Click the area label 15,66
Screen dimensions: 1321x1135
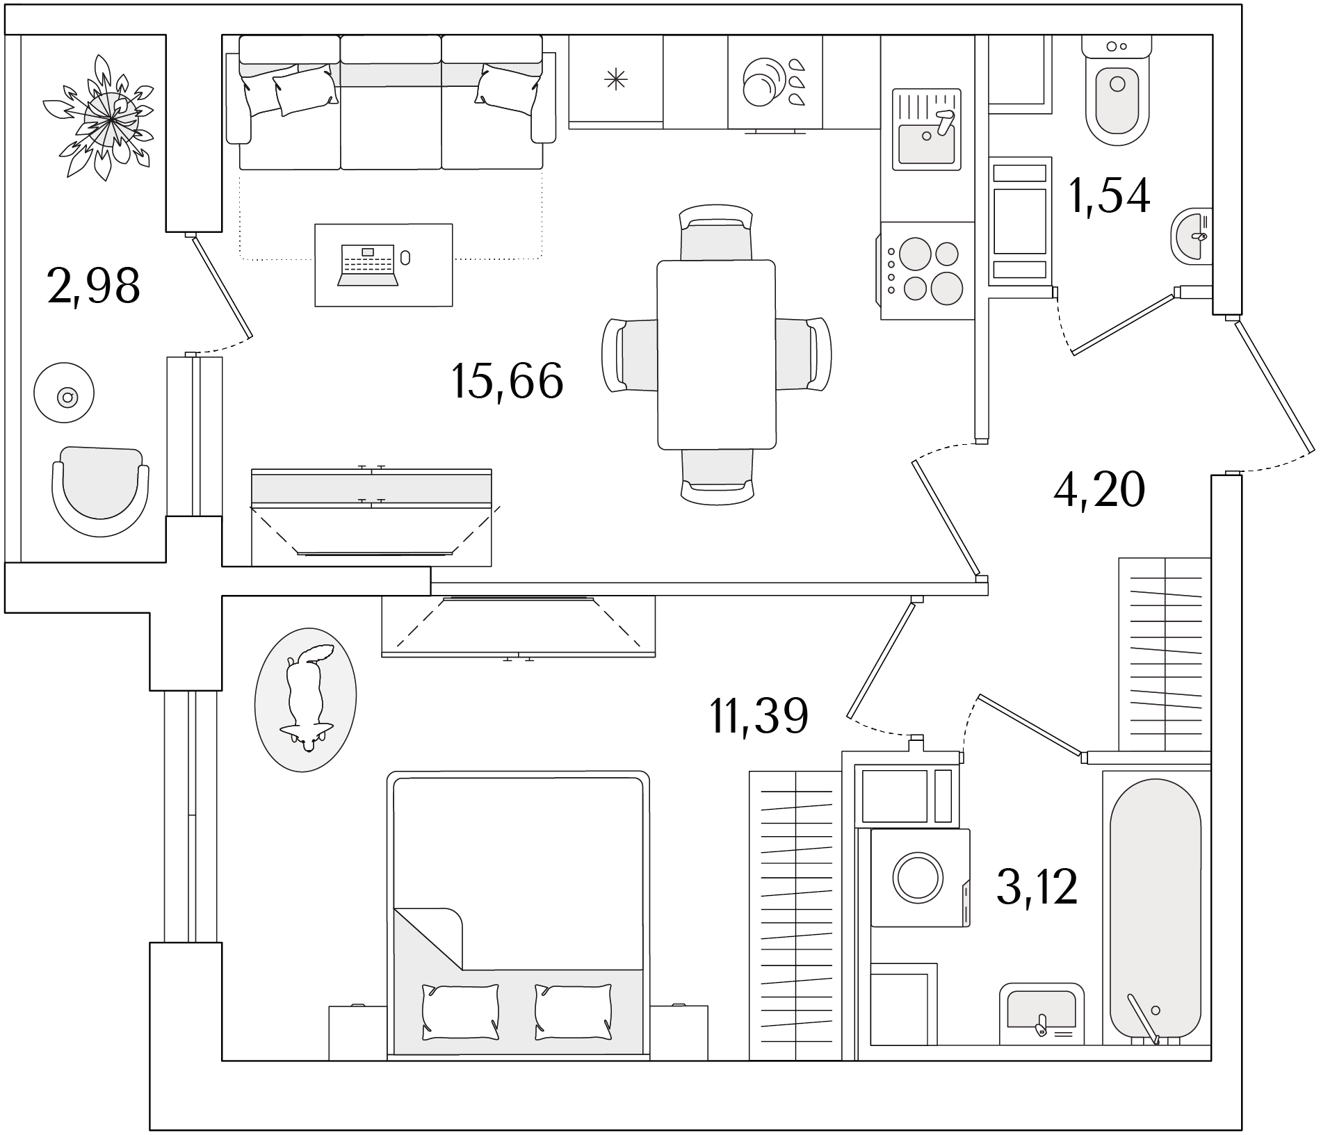click(507, 381)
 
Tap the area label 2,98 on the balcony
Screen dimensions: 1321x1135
click(94, 285)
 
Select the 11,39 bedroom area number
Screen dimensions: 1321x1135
click(759, 716)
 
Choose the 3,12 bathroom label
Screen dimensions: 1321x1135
click(1037, 887)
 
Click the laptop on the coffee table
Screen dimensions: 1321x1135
click(368, 265)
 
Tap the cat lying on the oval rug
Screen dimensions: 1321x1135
click(307, 697)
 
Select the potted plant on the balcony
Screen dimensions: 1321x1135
click(105, 118)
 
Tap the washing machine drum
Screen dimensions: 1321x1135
click(917, 877)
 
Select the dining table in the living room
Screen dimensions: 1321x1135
click(716, 354)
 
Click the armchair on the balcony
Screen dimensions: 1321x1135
click(100, 491)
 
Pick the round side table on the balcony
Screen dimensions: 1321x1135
click(64, 392)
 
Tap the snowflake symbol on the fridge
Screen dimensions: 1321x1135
click(616, 81)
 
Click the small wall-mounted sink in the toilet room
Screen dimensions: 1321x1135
click(1192, 236)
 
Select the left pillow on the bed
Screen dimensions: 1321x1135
click(460, 1012)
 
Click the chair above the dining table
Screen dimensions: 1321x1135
click(716, 232)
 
